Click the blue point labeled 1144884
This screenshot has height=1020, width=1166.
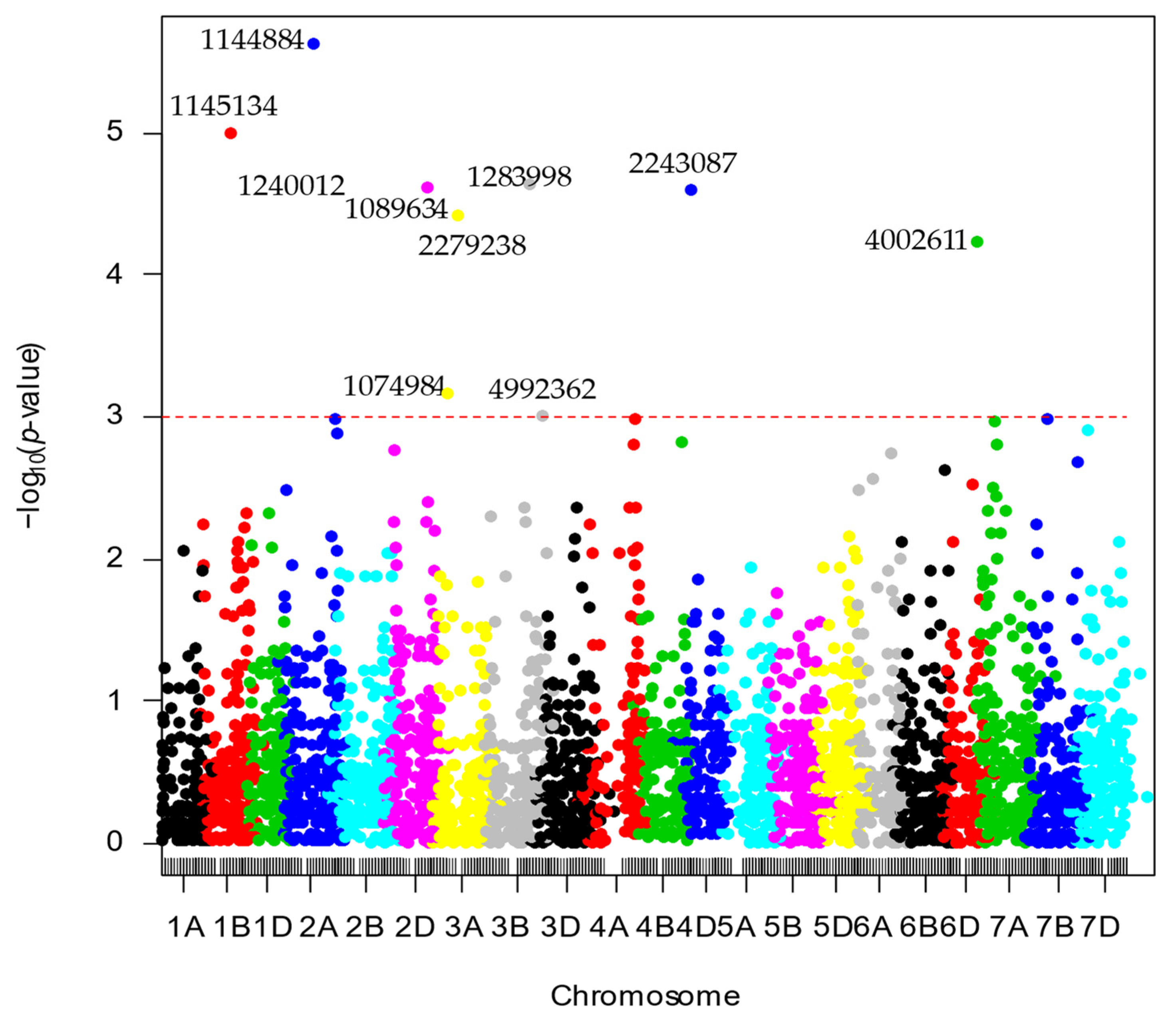point(314,44)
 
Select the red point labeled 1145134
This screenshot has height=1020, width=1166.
point(230,133)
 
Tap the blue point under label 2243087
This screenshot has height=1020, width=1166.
point(691,190)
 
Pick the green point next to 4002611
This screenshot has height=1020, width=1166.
point(977,242)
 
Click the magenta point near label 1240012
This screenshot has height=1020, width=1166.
point(427,187)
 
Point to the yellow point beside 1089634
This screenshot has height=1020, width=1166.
point(457,215)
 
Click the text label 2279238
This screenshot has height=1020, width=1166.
point(472,246)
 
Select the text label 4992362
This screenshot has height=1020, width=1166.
point(542,389)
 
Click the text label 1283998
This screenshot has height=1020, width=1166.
point(519,177)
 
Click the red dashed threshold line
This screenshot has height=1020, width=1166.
point(797,417)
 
